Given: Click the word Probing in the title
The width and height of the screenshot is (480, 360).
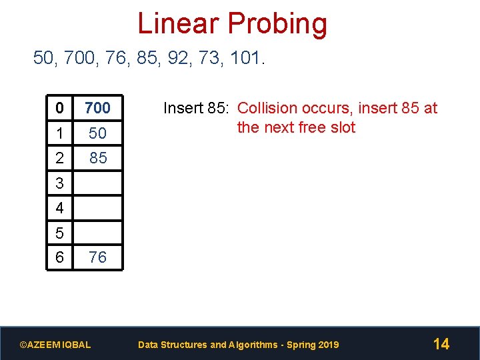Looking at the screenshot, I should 276,25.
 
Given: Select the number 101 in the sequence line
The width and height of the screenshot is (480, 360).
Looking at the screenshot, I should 246,59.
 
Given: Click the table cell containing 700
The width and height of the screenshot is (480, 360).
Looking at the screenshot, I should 97,107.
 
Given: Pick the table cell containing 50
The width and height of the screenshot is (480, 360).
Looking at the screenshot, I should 97,133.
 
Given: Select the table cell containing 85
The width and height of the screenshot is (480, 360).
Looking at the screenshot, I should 97,158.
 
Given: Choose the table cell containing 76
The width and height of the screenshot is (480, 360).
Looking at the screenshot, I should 97,257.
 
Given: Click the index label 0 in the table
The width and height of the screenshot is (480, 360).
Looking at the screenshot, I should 60,107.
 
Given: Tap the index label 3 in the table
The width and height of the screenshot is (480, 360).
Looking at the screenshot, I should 60,183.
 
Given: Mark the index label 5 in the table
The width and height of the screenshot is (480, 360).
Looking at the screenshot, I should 60,233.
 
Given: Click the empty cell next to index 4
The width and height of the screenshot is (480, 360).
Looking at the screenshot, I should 97,208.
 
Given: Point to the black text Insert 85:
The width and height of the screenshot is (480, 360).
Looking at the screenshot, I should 197,108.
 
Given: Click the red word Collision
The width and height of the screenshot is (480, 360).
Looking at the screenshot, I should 266,108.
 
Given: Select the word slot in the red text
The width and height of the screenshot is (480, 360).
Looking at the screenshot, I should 343,127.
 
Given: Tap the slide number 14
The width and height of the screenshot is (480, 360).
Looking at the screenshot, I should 441,344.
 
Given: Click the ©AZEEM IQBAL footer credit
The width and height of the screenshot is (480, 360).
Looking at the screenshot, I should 55,345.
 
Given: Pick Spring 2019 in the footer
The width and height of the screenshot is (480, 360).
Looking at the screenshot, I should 316,345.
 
